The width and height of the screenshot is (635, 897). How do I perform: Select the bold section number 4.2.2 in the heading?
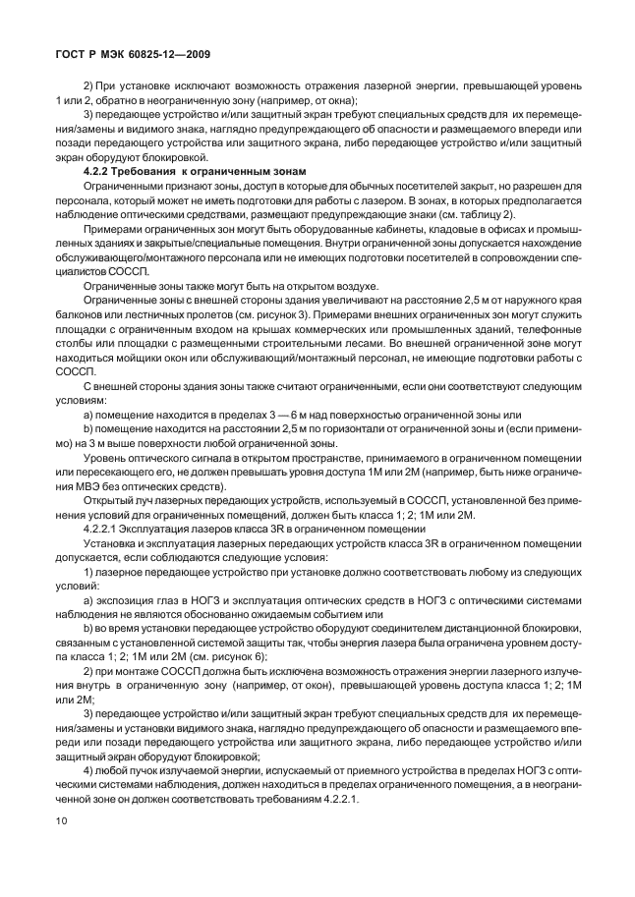click(x=100, y=172)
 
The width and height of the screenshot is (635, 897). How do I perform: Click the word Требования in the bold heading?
click(x=156, y=172)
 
